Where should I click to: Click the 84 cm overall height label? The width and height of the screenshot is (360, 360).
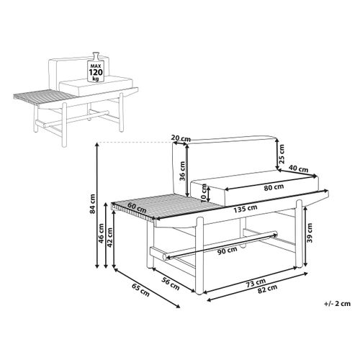click(x=93, y=204)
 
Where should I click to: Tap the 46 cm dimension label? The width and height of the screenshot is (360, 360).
click(x=102, y=233)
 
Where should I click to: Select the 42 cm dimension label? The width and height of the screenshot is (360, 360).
click(x=109, y=238)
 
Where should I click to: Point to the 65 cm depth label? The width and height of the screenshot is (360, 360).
click(x=140, y=289)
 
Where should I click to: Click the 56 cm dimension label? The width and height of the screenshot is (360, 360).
click(x=171, y=284)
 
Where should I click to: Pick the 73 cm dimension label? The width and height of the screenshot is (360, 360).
click(x=256, y=283)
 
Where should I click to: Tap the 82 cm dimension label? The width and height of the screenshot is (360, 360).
click(x=267, y=289)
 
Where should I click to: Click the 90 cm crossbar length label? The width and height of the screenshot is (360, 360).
click(x=227, y=251)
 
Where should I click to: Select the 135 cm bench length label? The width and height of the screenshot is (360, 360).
click(x=246, y=209)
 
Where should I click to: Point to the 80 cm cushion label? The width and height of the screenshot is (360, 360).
click(x=274, y=187)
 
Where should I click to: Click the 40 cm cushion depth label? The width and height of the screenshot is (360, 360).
click(x=298, y=168)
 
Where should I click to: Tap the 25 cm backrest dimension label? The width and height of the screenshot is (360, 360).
click(x=282, y=154)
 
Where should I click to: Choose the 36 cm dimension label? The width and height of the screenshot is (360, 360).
click(x=182, y=171)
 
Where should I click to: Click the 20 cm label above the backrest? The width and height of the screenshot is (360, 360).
click(x=181, y=138)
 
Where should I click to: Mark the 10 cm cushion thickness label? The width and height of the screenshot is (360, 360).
click(x=204, y=193)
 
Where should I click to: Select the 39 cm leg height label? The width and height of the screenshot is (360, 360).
click(x=310, y=233)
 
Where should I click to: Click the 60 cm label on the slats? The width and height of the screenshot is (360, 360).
click(x=137, y=208)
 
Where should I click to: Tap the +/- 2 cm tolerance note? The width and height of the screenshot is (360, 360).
click(x=337, y=304)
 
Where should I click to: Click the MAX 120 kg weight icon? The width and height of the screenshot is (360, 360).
click(x=96, y=67)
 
